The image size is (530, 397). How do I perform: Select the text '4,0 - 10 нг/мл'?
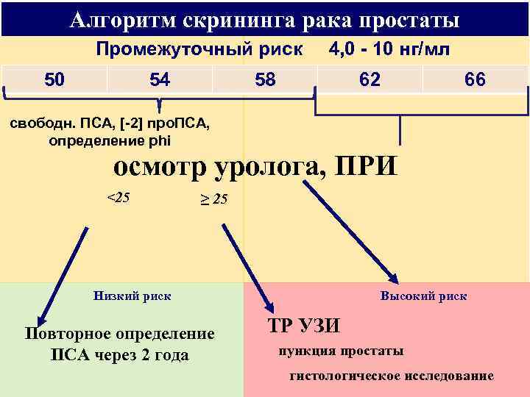click(x=391, y=49)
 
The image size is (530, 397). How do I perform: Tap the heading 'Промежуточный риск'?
click(x=199, y=49)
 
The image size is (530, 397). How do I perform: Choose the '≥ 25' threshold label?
click(x=214, y=199)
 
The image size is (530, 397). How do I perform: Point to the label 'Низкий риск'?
click(x=132, y=296)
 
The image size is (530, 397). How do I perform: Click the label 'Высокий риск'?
click(x=423, y=296)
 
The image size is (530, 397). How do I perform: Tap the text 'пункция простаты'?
click(x=341, y=350)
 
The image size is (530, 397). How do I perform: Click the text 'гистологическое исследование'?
click(x=392, y=376)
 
